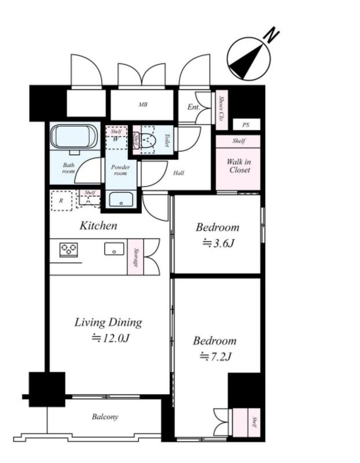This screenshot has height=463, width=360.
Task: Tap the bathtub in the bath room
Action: tap(74, 138)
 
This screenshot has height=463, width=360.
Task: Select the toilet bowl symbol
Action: tap(148, 140)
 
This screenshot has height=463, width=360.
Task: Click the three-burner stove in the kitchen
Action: tap(68, 249)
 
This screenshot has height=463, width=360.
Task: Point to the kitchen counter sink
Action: tap(114, 249)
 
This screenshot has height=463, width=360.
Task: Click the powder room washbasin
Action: tap(121, 199)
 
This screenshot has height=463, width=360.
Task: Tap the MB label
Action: tap(143, 105)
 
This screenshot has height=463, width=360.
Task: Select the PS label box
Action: tap(247, 124)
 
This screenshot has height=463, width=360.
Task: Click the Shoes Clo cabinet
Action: tap(221, 109)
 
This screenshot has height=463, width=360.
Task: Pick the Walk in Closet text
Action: tap(240, 166)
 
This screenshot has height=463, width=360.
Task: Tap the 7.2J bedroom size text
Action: tap(215, 357)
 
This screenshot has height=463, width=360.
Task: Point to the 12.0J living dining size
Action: tap(111, 338)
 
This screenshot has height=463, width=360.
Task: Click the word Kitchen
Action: tap(98, 226)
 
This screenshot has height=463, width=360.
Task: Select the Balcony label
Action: tap(105, 417)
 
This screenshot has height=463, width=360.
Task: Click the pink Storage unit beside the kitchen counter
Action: tap(135, 257)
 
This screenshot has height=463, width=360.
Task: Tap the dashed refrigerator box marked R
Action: tap(61, 201)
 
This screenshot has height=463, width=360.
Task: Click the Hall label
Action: tap(179, 173)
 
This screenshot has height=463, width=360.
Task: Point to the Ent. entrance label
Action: tap(194, 107)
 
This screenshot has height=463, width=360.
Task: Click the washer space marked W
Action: tap(116, 138)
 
